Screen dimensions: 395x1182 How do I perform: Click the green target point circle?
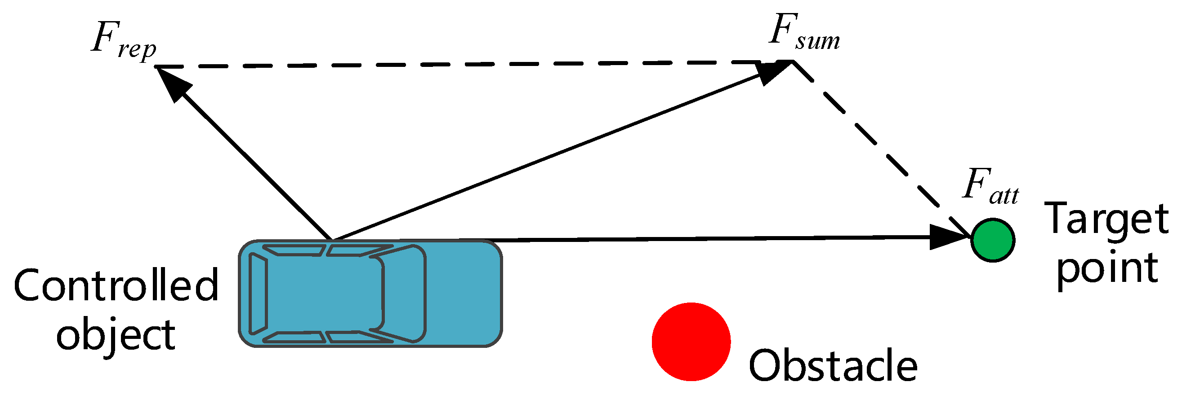[x=993, y=240]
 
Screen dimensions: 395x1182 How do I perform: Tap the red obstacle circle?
[x=691, y=342]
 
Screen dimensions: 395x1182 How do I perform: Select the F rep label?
[x=123, y=41]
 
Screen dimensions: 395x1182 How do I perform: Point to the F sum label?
[x=804, y=33]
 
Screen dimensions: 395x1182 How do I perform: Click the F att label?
[x=990, y=186]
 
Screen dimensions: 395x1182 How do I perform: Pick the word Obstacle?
[x=833, y=365]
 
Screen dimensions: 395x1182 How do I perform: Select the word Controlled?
[x=116, y=285]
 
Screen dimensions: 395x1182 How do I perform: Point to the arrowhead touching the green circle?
[x=947, y=237]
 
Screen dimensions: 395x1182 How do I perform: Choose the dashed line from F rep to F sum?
[x=459, y=64]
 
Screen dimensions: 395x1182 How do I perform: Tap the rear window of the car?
[x=258, y=293]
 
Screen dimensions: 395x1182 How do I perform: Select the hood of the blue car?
[x=464, y=293]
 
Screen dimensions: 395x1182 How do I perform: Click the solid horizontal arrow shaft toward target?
[x=688, y=239]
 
